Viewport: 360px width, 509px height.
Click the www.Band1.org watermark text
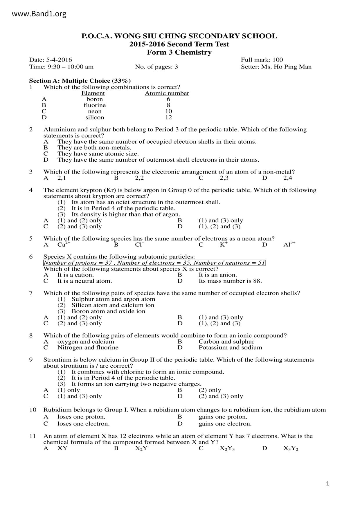39,14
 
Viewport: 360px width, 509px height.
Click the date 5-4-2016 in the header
59,60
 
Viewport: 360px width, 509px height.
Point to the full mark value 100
278,60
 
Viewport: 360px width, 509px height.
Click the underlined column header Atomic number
167,93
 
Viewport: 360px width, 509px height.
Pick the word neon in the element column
95,111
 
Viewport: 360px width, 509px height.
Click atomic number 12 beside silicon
168,118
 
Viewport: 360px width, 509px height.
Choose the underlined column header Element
93,93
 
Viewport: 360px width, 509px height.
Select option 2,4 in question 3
288,178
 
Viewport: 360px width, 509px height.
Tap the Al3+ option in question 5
289,244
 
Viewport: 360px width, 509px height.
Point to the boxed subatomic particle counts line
154,263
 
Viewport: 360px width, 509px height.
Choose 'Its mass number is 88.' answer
230,281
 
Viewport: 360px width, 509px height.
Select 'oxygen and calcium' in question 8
86,342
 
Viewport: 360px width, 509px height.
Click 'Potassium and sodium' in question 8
230,348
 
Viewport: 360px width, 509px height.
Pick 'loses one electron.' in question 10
83,424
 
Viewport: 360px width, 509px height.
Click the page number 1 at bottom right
328,483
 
